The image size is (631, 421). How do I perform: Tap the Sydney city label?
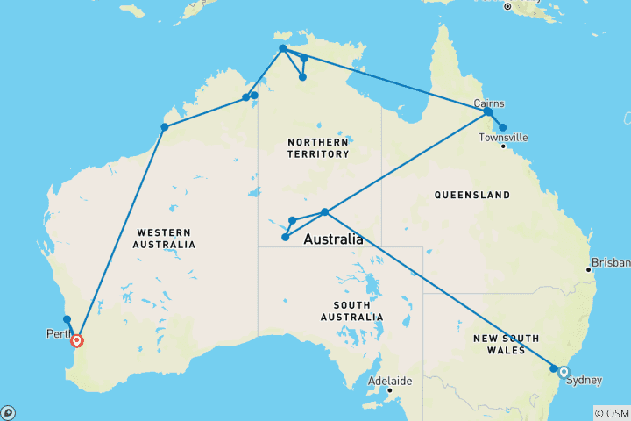[585, 380]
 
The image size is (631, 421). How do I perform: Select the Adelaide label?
[387, 382]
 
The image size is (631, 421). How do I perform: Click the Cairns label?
[488, 103]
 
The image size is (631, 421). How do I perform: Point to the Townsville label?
[503, 138]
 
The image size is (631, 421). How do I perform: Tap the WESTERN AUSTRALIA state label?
[166, 238]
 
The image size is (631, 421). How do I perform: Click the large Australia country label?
[332, 239]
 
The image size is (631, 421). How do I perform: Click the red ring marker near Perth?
[77, 340]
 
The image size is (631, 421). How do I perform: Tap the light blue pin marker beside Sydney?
[563, 370]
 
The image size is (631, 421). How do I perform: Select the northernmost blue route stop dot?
[282, 49]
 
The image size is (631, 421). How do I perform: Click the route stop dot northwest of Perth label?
[67, 319]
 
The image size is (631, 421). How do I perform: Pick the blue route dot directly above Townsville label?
[502, 127]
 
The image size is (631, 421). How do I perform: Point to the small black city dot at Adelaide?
[389, 390]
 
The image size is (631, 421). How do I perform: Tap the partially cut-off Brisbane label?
[612, 262]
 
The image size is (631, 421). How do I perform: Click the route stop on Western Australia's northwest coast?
[164, 127]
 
